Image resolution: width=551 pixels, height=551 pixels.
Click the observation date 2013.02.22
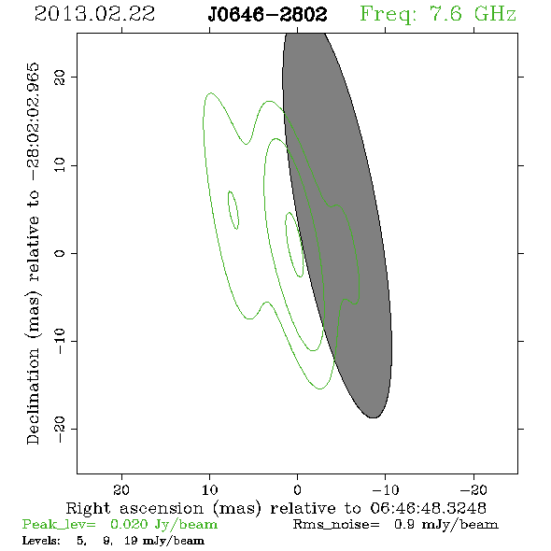(x=94, y=14)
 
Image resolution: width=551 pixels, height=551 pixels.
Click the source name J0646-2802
(x=267, y=14)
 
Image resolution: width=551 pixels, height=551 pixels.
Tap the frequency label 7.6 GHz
(x=473, y=14)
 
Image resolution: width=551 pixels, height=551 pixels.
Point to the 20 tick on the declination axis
(x=60, y=77)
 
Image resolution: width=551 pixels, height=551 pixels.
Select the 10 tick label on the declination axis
(x=60, y=164)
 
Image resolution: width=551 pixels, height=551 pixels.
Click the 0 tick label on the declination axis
(x=60, y=253)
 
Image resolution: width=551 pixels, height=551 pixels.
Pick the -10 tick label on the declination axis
(x=60, y=341)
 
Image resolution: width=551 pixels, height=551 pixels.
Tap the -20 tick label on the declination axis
(x=60, y=429)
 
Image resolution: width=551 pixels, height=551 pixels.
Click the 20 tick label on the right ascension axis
(x=121, y=489)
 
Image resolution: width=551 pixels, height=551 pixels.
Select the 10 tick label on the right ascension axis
(x=210, y=489)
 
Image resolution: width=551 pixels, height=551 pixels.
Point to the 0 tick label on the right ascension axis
(x=298, y=489)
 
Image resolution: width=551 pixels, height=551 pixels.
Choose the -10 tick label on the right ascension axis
(x=386, y=489)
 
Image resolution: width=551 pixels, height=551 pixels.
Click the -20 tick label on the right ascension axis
(x=473, y=489)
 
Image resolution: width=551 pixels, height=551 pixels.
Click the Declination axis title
(x=33, y=253)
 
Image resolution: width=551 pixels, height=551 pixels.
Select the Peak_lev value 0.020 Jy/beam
(x=163, y=524)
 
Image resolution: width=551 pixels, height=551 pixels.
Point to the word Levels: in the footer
(x=41, y=540)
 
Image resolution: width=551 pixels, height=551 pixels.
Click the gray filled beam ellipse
(x=337, y=225)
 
